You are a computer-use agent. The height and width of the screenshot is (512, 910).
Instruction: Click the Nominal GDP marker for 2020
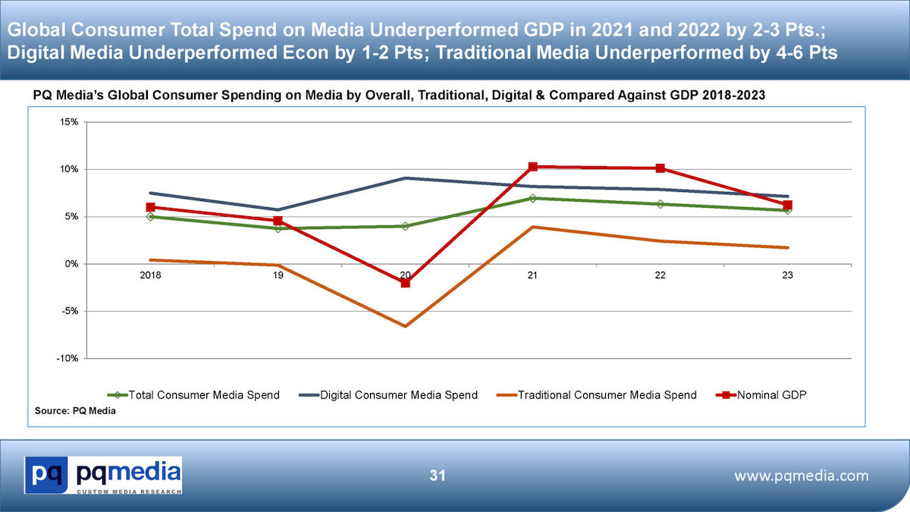(x=406, y=283)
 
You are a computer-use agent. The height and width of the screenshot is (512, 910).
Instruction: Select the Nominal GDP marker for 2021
(x=533, y=167)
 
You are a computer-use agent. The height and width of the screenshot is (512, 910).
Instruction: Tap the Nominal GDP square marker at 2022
(x=661, y=168)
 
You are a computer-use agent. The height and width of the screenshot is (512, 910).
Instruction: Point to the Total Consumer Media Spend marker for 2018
(x=151, y=217)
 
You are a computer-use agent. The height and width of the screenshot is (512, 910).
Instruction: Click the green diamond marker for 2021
(x=533, y=199)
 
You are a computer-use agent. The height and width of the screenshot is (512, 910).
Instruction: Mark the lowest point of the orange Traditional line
(x=406, y=326)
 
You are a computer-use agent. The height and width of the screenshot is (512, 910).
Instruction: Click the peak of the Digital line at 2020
(x=406, y=178)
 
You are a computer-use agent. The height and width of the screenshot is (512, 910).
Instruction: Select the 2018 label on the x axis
(x=151, y=276)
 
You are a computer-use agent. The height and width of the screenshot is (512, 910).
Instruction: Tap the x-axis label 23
(x=787, y=276)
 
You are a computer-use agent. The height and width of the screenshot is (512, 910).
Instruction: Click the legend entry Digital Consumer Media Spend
(x=399, y=394)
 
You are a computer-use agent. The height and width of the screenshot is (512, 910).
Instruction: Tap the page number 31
(x=437, y=476)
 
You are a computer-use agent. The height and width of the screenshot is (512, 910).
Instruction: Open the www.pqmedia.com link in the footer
(x=802, y=476)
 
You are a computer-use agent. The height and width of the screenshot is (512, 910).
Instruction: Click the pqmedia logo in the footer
(x=103, y=476)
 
